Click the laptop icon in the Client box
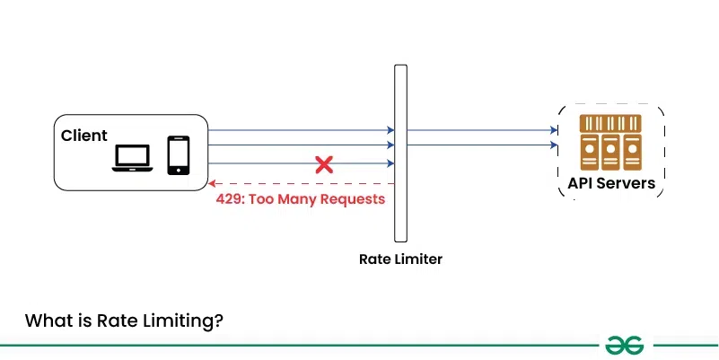pyautogui.click(x=132, y=158)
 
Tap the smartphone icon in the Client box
pyautogui.click(x=179, y=154)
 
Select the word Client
pyautogui.click(x=84, y=136)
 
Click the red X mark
pyautogui.click(x=324, y=164)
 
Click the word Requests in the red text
pyautogui.click(x=353, y=198)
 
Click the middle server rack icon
pyautogui.click(x=610, y=142)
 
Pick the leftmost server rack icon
pyautogui.click(x=589, y=142)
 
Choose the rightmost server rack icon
pyautogui.click(x=632, y=142)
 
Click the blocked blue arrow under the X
pyautogui.click(x=269, y=163)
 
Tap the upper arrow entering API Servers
pyautogui.click(x=485, y=130)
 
